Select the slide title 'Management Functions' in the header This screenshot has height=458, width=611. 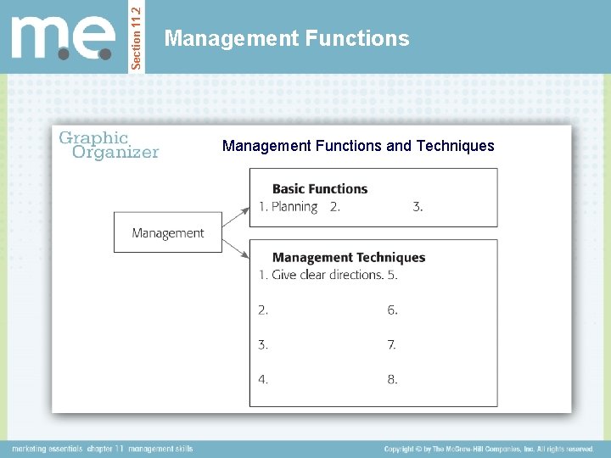[x=287, y=38]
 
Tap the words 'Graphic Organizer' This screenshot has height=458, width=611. [x=107, y=145]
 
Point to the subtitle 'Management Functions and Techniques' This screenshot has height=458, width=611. [x=358, y=146]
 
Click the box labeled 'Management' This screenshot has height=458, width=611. [x=168, y=233]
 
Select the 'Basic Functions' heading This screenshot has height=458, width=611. [x=320, y=189]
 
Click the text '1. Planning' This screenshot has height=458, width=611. [x=289, y=207]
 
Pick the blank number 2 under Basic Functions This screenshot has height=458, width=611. [x=335, y=207]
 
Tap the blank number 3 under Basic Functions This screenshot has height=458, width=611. [x=418, y=207]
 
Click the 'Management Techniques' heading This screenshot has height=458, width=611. [x=349, y=258]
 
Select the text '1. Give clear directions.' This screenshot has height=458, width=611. [x=321, y=275]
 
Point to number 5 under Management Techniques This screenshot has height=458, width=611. [x=392, y=275]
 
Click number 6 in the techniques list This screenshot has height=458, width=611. [x=392, y=310]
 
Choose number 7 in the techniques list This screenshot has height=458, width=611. [x=392, y=345]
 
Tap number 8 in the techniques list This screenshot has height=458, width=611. [x=392, y=380]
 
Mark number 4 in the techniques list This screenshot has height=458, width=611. [x=263, y=380]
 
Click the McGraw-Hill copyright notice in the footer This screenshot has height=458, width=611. [x=489, y=449]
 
